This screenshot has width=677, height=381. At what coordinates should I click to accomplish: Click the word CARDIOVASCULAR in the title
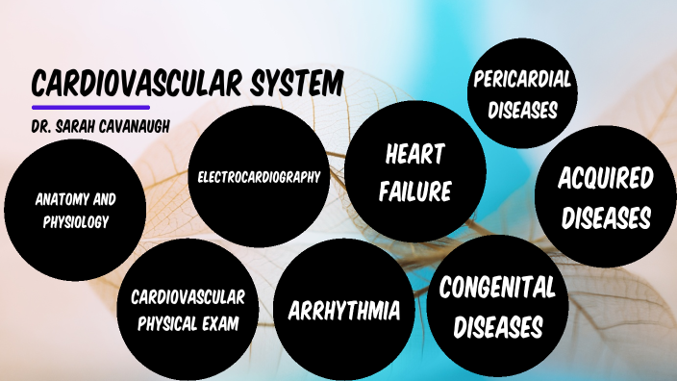pos(135,83)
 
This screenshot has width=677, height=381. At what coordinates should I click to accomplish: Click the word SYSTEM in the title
pos(295,83)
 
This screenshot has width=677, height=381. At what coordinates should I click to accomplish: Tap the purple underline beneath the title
pos(90,107)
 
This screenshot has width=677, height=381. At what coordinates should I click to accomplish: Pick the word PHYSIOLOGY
pos(75,222)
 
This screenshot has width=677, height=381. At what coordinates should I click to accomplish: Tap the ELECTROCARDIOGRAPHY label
pos(258,177)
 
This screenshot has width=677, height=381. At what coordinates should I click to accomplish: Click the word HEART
pos(414,154)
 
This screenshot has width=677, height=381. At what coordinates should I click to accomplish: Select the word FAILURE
pos(414,190)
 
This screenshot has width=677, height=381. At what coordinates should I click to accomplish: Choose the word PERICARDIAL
pos(522,80)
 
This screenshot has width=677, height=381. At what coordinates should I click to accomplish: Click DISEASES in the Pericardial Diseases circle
pos(522,110)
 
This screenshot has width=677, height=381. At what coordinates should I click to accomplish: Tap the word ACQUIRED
pos(606,178)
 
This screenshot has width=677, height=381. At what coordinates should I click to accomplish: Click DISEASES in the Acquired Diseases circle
pos(606,217)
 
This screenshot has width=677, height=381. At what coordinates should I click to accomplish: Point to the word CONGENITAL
pos(497,287)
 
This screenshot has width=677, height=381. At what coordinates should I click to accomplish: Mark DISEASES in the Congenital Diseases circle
pos(497,327)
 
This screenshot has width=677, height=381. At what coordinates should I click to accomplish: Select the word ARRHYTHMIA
pos(344,311)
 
